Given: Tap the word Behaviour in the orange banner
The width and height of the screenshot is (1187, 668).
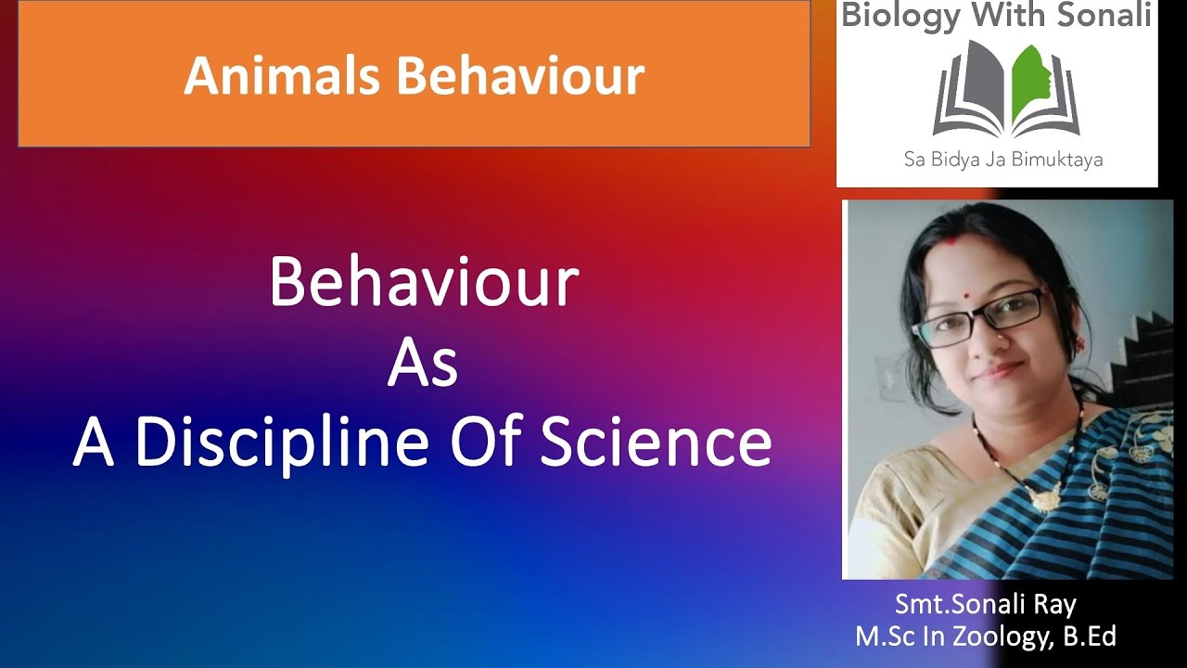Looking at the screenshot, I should [x=521, y=76].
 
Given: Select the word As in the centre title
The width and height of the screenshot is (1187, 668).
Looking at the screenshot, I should [x=422, y=364].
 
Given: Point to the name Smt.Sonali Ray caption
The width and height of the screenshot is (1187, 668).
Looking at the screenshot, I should [x=985, y=606].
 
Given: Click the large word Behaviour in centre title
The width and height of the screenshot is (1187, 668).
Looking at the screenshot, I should [x=424, y=283].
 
